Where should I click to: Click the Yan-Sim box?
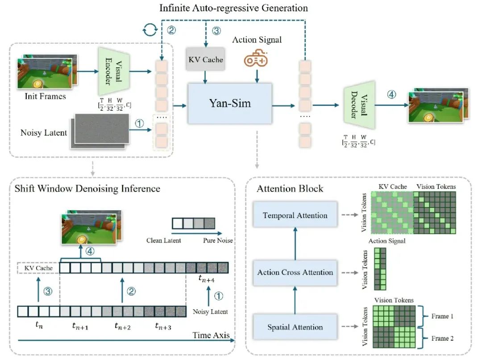tap(230, 103)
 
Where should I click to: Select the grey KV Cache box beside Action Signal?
tap(205, 59)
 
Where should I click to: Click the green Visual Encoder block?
tap(114, 71)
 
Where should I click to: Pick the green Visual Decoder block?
tap(359, 105)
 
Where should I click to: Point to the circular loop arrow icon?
tap(150, 30)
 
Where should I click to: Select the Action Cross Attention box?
tap(295, 273)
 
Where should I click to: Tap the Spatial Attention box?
tap(295, 327)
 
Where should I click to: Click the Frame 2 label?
tap(442, 338)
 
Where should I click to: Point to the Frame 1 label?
tap(442, 316)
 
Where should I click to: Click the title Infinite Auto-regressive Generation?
tap(233, 8)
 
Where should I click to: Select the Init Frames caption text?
tap(45, 96)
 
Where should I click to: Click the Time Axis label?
tap(211, 335)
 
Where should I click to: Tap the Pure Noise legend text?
tap(218, 240)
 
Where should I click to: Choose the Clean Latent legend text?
tap(163, 240)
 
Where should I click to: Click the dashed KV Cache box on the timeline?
tap(38, 268)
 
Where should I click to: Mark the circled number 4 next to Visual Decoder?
tap(391, 94)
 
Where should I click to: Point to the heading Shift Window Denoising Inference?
tap(87, 188)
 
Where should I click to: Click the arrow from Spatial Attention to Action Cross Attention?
tap(295, 300)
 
